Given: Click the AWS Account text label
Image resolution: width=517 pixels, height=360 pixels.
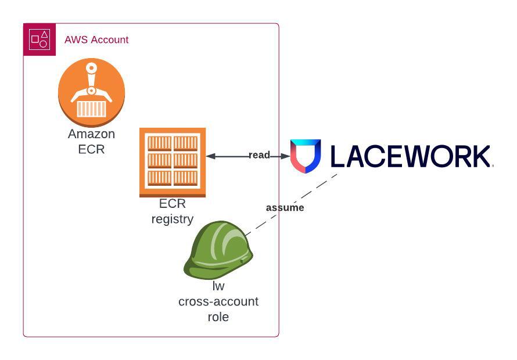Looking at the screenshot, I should [96, 40].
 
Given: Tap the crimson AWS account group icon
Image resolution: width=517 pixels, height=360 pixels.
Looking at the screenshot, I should [40, 39].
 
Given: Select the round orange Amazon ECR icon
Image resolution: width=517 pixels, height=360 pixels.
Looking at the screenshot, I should [92, 92].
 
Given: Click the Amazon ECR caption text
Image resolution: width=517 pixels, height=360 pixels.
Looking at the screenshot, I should [92, 141].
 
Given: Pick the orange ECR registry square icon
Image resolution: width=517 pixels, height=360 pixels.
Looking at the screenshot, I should [173, 162].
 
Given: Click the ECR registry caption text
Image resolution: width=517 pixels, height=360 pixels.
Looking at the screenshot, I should [173, 211].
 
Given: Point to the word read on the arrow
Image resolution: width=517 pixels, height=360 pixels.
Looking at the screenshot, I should [259, 155].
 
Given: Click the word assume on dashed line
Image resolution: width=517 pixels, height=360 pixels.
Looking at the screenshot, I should [285, 207].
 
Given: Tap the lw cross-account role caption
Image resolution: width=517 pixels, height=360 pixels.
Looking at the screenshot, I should [218, 301].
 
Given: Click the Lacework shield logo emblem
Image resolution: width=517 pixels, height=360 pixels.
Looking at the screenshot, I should [306, 156].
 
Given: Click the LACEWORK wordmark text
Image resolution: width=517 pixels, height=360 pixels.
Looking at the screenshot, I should [410, 156].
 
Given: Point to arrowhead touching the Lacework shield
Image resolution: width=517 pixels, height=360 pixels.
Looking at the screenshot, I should [285, 156].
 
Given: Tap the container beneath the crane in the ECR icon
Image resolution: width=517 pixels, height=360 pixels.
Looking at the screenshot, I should [92, 109].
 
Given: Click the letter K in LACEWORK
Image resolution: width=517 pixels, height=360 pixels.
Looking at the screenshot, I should [479, 156].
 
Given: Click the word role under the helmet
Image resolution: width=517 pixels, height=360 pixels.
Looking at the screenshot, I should [218, 317].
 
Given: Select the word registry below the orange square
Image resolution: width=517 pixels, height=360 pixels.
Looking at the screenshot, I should [173, 219].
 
